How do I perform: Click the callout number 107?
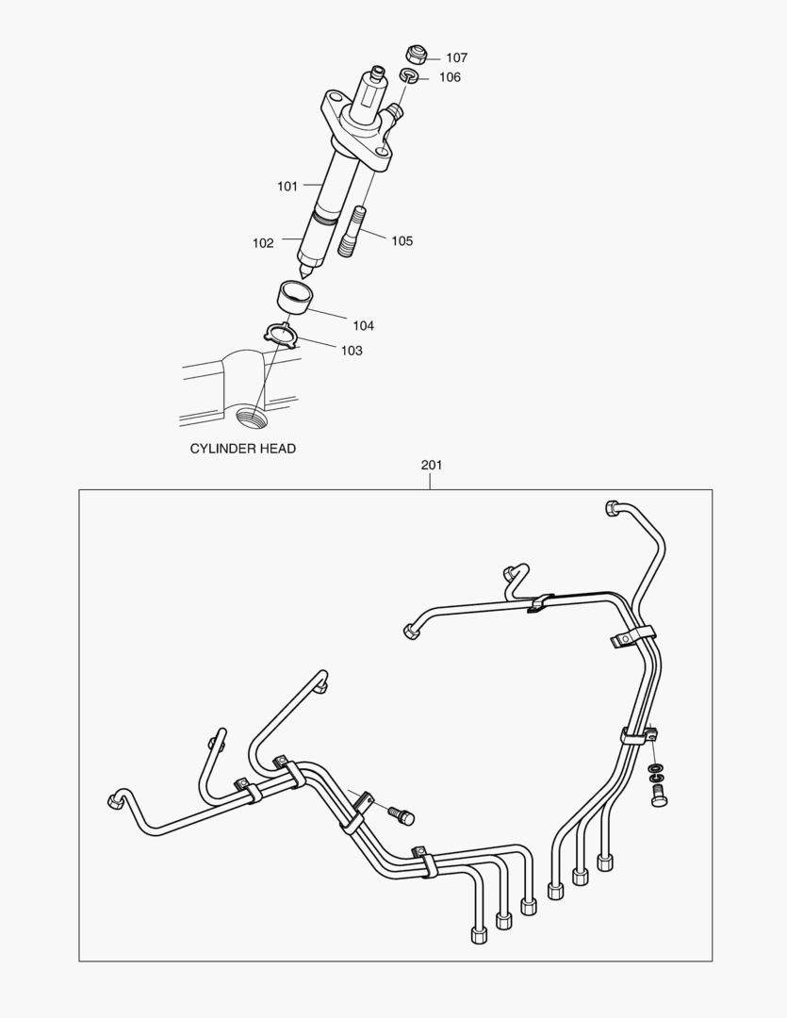pyautogui.click(x=456, y=57)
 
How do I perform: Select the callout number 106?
pyautogui.click(x=450, y=77)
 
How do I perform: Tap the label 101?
pyautogui.click(x=287, y=186)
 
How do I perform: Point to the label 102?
pyautogui.click(x=263, y=243)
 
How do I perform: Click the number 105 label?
pyautogui.click(x=402, y=240)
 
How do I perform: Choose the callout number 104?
pyautogui.click(x=363, y=325)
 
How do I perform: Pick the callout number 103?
pyautogui.click(x=351, y=350)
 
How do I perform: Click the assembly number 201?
pyautogui.click(x=431, y=465)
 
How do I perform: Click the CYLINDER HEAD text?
pyautogui.click(x=243, y=449)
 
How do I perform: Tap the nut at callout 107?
pyautogui.click(x=414, y=52)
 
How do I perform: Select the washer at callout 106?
pyautogui.click(x=410, y=74)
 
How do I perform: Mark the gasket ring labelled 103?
pyautogui.click(x=282, y=333)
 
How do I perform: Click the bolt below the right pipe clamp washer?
pyautogui.click(x=658, y=795)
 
